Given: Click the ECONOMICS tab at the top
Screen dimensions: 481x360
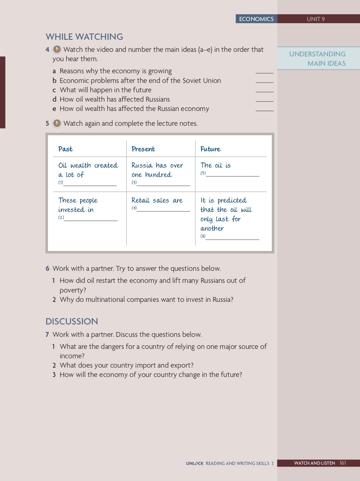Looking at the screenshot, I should click(256, 19).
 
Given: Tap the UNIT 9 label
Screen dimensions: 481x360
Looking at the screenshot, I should click(316, 19).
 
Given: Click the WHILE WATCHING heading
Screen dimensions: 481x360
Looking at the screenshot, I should click(84, 37).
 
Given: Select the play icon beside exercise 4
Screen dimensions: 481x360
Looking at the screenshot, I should click(57, 49).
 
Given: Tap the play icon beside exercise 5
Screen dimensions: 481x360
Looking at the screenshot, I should click(57, 123).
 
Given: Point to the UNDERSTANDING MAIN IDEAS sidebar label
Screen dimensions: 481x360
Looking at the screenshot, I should click(318, 59).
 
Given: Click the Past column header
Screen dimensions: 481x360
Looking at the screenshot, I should click(65, 149).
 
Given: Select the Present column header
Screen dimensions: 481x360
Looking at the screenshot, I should click(143, 149).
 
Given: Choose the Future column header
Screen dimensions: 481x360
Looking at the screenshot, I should click(210, 149).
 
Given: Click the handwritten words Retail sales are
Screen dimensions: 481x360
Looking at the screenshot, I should click(157, 201).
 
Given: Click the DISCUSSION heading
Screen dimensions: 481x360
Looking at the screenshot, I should click(72, 321).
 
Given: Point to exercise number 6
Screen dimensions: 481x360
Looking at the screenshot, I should click(47, 268).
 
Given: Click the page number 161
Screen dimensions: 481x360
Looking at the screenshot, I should click(342, 463).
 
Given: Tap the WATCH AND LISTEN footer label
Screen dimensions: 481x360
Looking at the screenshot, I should click(314, 463).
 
